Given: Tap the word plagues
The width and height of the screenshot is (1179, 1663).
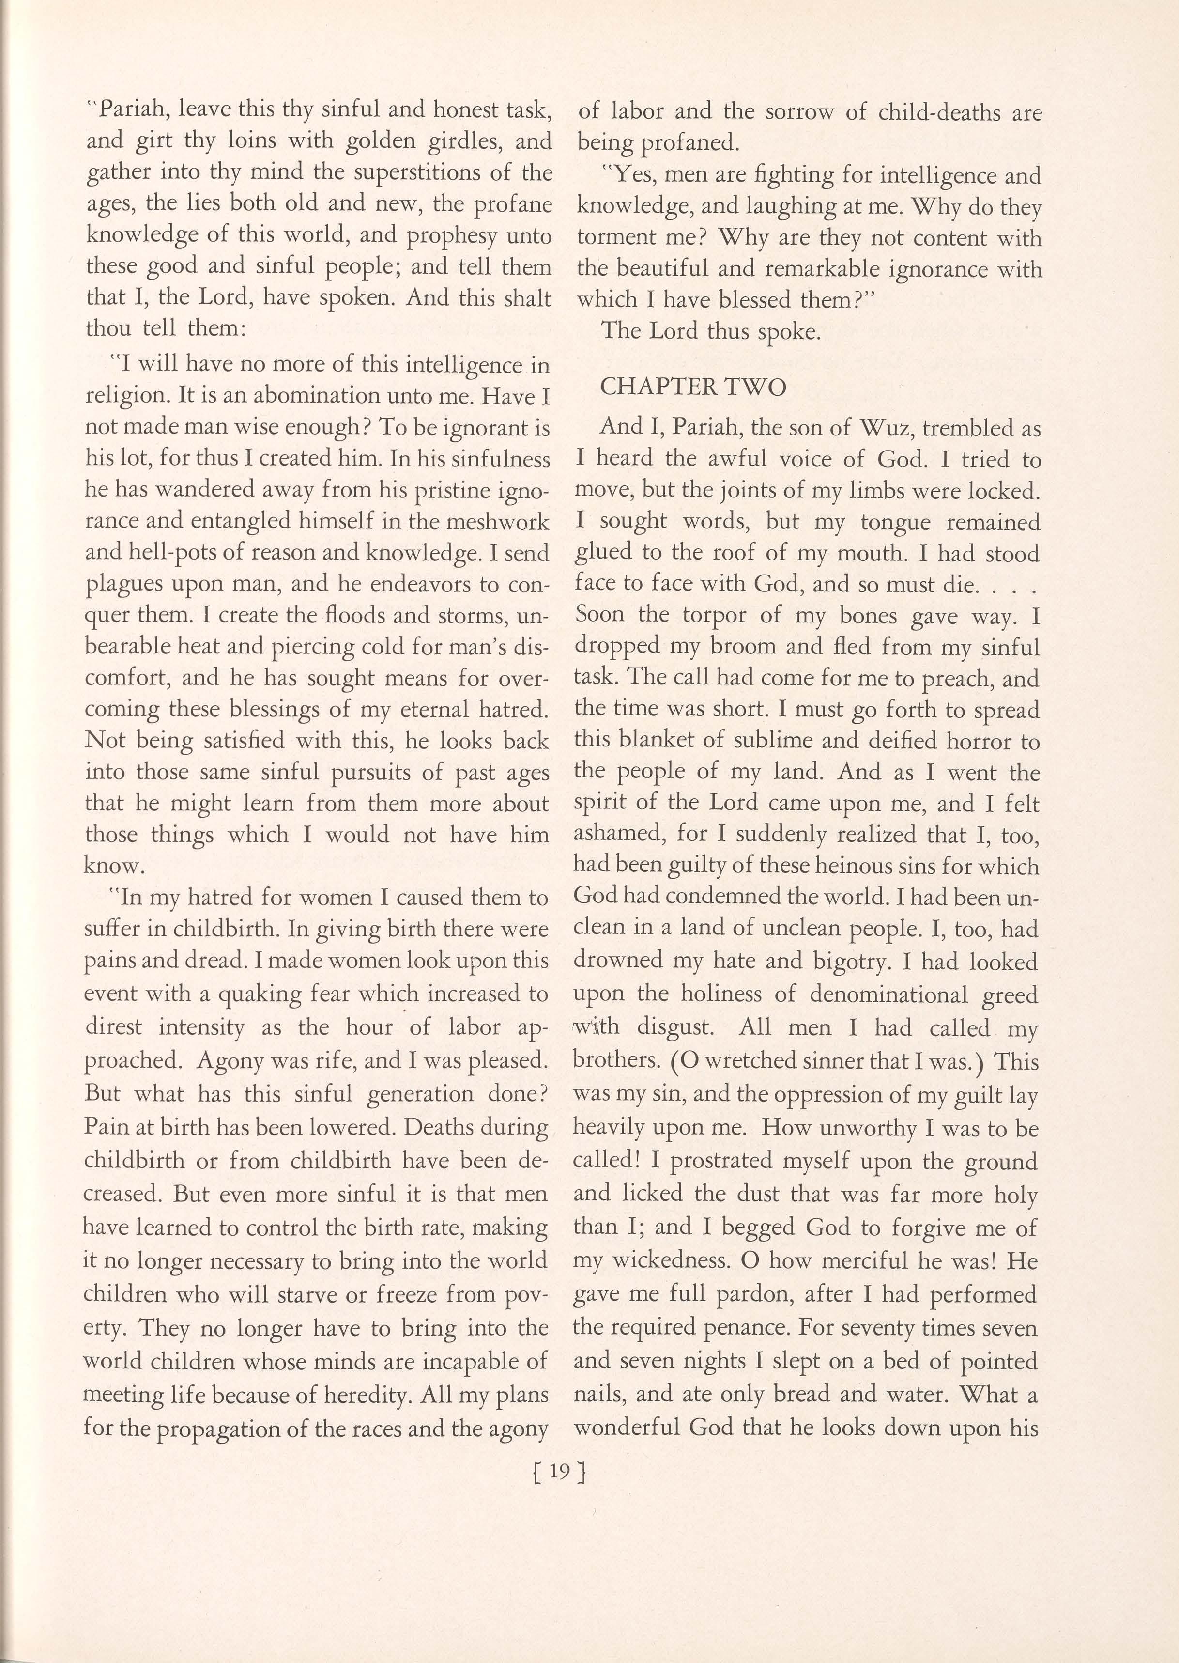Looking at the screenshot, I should pyautogui.click(x=120, y=585).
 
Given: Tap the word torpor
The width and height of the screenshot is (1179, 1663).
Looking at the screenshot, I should pyautogui.click(x=715, y=615).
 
